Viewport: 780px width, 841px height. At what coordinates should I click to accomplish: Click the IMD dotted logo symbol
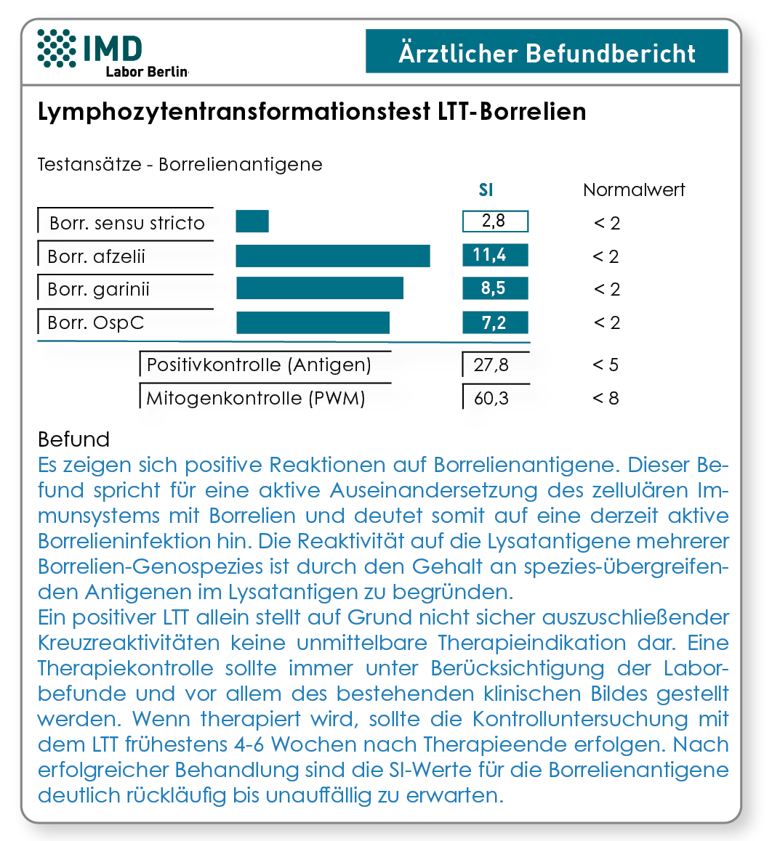coord(57,48)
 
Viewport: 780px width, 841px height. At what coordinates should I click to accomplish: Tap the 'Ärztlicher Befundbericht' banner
coord(547,51)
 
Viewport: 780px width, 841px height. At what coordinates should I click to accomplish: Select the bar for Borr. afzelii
coord(333,256)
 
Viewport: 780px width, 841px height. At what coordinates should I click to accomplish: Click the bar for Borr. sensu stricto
coord(252,221)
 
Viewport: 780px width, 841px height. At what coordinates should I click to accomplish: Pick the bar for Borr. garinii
coord(320,288)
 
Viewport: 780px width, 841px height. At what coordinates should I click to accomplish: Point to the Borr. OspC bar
coord(313,322)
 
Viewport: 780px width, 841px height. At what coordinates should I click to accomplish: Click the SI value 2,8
coord(495,221)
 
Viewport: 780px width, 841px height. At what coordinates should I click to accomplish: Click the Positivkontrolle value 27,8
coord(491,365)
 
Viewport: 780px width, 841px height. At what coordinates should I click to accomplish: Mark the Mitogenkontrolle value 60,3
coord(491,398)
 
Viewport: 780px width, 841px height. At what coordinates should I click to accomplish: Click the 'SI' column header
coord(486,190)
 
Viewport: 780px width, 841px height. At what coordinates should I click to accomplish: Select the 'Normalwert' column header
coord(634,190)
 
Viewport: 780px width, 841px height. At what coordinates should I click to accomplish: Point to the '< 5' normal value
coord(606,365)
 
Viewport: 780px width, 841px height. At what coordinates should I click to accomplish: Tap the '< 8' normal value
coord(606,398)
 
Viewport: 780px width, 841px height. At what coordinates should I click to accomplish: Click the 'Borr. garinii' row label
coord(98,290)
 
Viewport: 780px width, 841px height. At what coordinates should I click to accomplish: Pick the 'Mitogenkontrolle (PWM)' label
coord(256,399)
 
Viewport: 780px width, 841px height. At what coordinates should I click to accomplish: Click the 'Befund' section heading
coord(73,439)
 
